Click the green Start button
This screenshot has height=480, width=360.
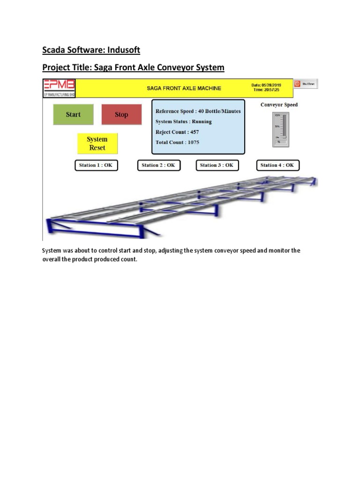pyautogui.click(x=73, y=114)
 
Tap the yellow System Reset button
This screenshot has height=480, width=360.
pyautogui.click(x=97, y=143)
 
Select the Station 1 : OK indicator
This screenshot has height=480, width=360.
pyautogui.click(x=97, y=165)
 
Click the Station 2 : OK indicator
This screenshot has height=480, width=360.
pyautogui.click(x=158, y=165)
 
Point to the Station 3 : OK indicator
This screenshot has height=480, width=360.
pyautogui.click(x=217, y=165)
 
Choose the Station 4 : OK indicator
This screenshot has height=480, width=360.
pyautogui.click(x=277, y=165)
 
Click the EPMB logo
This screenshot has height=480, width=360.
pyautogui.click(x=59, y=87)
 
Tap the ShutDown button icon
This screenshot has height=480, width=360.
pyautogui.click(x=297, y=84)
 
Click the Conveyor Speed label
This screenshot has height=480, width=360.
pyautogui.click(x=279, y=105)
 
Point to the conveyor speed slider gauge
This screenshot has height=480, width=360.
pyautogui.click(x=281, y=127)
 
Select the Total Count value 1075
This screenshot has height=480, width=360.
pyautogui.click(x=194, y=142)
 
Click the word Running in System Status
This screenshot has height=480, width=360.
pyautogui.click(x=202, y=122)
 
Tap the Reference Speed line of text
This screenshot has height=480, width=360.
pyautogui.click(x=198, y=111)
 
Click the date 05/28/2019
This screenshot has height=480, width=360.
pyautogui.click(x=271, y=85)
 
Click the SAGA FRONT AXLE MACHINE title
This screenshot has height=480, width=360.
pyautogui.click(x=184, y=88)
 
